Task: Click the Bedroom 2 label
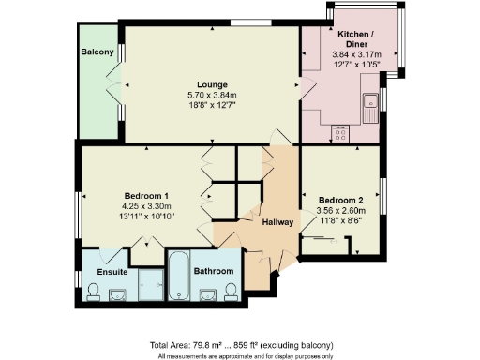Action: tap(341, 200)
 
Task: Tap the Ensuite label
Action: tap(112, 272)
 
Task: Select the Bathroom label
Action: tap(213, 272)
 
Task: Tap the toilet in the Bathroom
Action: tap(230, 296)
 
